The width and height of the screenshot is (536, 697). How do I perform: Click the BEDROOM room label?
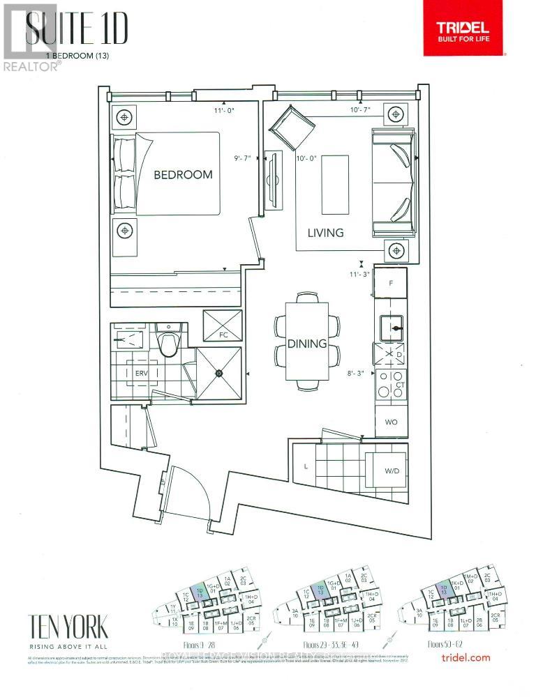point(183,174)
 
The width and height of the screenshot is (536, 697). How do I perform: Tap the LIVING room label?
point(325,233)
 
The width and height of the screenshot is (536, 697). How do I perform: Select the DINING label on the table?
point(307,344)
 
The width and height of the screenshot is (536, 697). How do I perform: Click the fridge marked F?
point(392,284)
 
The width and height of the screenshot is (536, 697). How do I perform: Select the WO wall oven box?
point(392,422)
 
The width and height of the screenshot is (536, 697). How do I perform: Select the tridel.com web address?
point(466,657)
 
